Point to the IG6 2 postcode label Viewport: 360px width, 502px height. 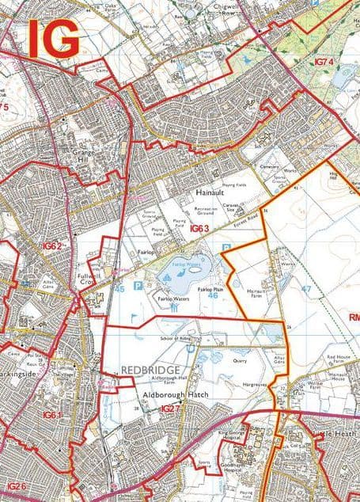(x=52, y=246)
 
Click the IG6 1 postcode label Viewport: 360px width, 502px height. (x=52, y=415)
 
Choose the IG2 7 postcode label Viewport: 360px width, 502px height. (x=170, y=409)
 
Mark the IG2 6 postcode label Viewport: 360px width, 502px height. (x=17, y=485)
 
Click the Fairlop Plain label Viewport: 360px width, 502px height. (x=210, y=291)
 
